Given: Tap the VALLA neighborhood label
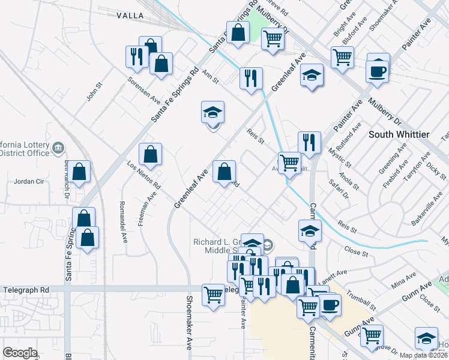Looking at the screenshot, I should tap(130, 15).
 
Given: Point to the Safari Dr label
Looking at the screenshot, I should tap(339, 187).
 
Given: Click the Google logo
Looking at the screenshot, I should tap(20, 353).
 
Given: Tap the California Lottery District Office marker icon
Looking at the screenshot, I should tap(58, 147).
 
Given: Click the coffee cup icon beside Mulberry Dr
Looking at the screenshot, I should tap(378, 70).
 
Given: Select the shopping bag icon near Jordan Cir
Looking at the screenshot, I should tap(79, 172).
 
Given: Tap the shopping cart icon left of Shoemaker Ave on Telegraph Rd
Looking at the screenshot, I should tap(214, 295).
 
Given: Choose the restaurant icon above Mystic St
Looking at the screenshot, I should tap(309, 143).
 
